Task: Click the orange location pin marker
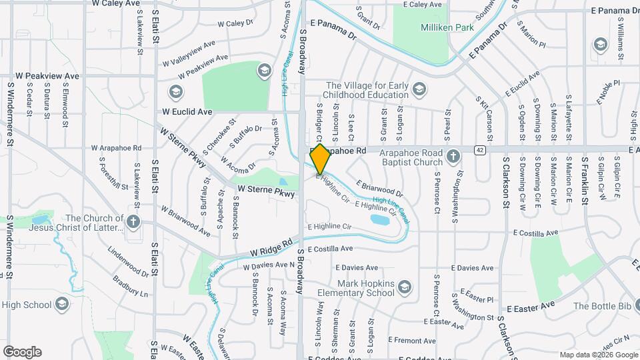tap(320, 159)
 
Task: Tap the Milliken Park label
tap(446, 28)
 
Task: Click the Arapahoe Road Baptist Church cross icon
tap(453, 157)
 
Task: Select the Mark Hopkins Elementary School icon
tap(404, 287)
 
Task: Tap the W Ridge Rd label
tap(271, 248)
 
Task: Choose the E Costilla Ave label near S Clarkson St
tap(535, 233)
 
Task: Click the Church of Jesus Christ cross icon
tap(133, 222)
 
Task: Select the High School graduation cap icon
tap(62, 305)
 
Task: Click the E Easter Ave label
tap(531, 308)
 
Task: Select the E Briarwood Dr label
tap(379, 188)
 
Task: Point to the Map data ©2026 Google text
tap(598, 355)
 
